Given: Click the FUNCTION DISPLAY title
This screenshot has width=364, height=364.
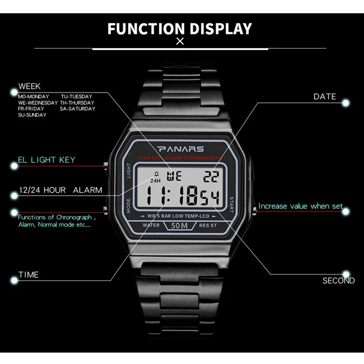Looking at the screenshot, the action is [180, 28].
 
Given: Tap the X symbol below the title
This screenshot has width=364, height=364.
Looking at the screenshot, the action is [180, 42].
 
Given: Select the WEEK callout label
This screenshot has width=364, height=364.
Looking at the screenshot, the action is [30, 86].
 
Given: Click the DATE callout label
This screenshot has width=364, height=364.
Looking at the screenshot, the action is [324, 96].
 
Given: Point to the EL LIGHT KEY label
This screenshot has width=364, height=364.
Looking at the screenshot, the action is [46, 160].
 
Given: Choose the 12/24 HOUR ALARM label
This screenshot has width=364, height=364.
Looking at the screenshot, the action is [60, 190].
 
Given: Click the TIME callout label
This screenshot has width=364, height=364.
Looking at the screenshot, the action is [28, 274].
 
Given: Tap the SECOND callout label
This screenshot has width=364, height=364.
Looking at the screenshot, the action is [339, 281].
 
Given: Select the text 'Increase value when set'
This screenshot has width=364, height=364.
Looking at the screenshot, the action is [300, 206].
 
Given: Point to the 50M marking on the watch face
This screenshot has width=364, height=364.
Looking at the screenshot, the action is [181, 225].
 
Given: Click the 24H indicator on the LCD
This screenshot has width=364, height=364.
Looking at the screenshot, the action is [155, 181].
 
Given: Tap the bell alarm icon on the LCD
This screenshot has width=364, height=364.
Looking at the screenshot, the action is [157, 173].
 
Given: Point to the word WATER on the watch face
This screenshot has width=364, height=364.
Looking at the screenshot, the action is [151, 225].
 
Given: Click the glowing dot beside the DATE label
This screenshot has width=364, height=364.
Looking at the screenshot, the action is [346, 103].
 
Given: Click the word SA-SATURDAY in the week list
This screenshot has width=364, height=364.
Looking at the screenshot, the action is [78, 109].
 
